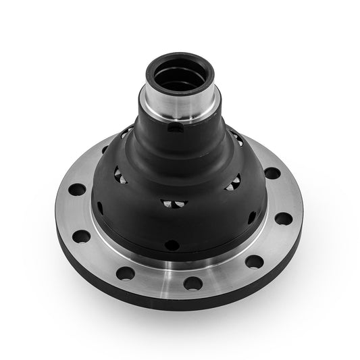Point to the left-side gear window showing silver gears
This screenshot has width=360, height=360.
120,175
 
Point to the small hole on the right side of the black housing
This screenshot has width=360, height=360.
251,218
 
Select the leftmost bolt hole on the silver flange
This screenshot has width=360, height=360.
77,189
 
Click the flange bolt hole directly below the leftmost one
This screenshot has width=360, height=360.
82,236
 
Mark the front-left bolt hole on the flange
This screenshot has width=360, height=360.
126,273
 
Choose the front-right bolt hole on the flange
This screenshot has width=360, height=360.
254,261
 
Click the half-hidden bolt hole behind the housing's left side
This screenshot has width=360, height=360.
105,150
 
